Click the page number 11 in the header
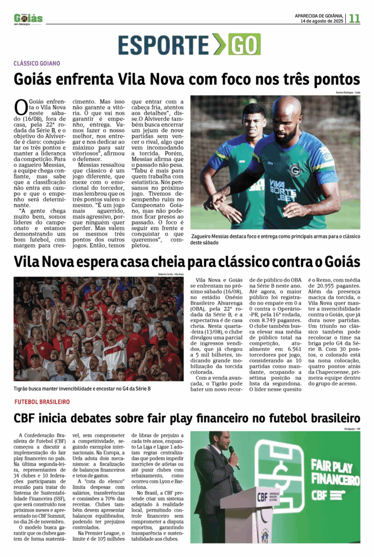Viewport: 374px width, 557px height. click(354, 18)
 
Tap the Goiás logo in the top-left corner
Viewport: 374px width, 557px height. click(28, 18)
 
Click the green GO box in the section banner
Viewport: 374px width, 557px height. click(244, 44)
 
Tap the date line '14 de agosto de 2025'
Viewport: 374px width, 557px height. click(321, 21)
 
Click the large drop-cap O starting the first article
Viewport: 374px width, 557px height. click(20, 107)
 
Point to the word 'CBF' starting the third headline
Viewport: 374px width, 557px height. click(27, 418)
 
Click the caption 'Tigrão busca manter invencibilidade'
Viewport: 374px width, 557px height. click(82, 388)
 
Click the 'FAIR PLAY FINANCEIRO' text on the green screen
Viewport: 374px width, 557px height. click(335, 472)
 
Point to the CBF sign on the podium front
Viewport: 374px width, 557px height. click(262, 497)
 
